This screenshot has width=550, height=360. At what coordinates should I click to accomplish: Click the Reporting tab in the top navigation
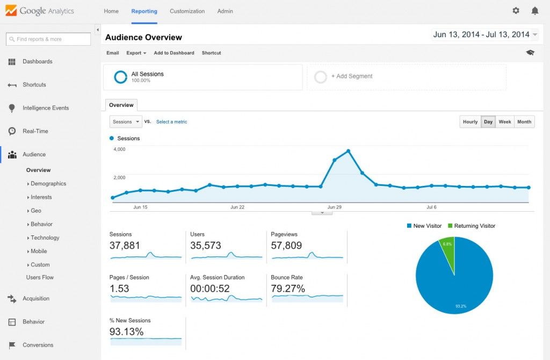click(x=144, y=11)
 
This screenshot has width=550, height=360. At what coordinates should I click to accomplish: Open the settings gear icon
click(x=516, y=11)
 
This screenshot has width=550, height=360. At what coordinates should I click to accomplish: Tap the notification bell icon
click(x=534, y=11)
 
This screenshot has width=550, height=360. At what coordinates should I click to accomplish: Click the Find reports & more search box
click(x=48, y=39)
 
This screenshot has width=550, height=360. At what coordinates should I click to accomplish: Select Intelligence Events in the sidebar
click(x=46, y=108)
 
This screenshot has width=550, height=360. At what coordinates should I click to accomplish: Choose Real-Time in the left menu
click(x=35, y=131)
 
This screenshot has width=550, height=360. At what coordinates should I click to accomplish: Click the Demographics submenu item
click(x=48, y=184)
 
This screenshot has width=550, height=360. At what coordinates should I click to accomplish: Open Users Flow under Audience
click(x=40, y=277)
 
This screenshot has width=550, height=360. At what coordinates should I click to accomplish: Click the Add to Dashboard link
click(x=173, y=53)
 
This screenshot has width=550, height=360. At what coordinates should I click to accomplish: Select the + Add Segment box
click(x=406, y=77)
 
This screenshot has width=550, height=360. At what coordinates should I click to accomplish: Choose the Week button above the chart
click(x=504, y=122)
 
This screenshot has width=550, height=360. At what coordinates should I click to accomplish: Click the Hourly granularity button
click(x=470, y=122)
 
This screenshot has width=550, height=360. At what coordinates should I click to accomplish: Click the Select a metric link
click(x=171, y=122)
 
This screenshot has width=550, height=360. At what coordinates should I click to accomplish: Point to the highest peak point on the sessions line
click(x=349, y=151)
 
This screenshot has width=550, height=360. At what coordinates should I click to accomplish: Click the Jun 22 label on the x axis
click(x=237, y=207)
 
